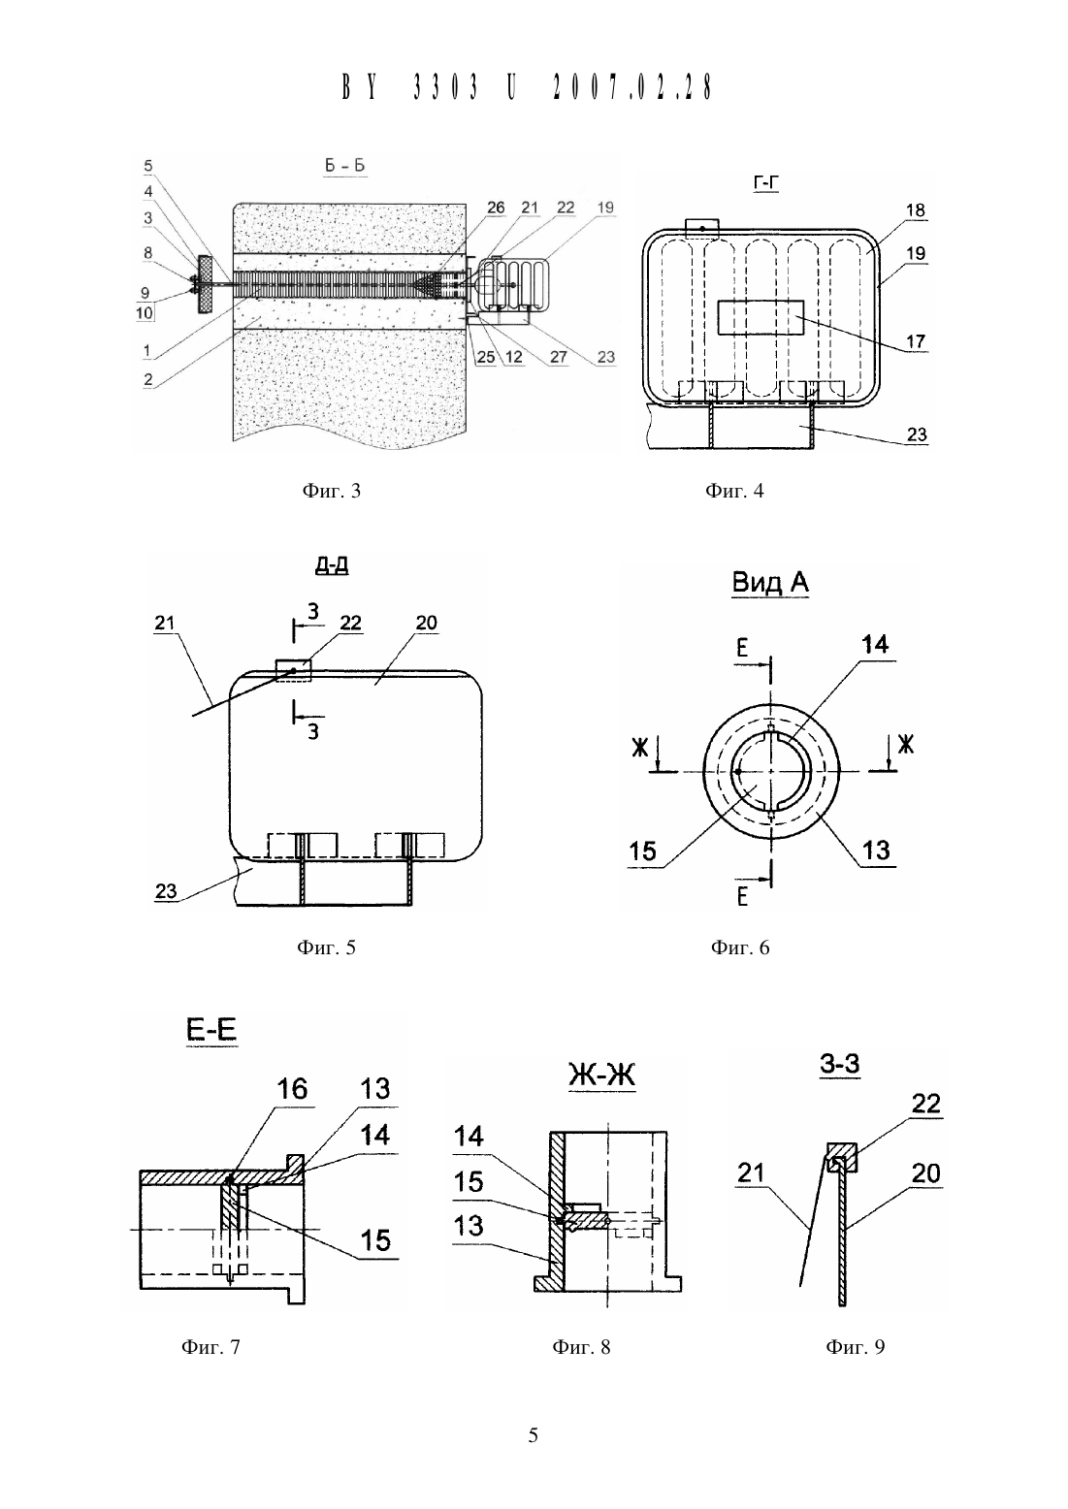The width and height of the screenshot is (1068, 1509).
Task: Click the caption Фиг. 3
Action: pos(332,491)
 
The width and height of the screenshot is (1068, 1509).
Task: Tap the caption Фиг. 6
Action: pos(740,947)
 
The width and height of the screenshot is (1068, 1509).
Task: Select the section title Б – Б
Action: pos(344,166)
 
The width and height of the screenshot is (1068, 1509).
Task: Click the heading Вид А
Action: pos(770,582)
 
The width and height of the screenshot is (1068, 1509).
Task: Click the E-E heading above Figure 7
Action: pos(210,1030)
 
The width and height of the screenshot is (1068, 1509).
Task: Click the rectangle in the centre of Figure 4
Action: pos(761,318)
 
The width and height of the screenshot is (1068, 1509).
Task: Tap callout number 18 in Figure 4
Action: pos(915,210)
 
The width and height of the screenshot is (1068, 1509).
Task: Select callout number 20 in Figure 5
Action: pos(426,623)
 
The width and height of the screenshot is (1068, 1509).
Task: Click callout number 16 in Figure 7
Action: pos(292,1089)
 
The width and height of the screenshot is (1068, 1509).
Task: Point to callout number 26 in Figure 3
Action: pos(496,208)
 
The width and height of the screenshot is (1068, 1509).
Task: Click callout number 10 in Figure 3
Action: pos(145,313)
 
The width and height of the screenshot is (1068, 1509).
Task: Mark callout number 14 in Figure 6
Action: pos(875,644)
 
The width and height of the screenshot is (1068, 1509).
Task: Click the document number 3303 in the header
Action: pos(446,87)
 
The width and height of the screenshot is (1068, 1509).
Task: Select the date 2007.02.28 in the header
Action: pos(632,87)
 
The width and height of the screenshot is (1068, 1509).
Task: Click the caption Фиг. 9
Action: pos(855,1347)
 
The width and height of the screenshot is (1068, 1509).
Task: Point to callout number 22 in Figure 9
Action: pos(925,1103)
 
